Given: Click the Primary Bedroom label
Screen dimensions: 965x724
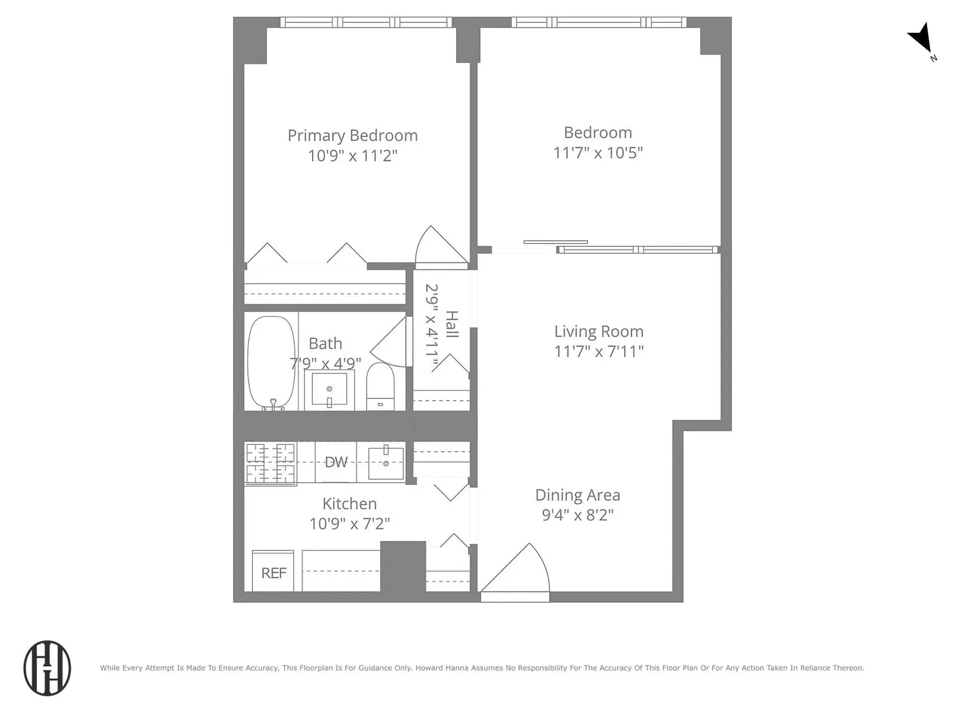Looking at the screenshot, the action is (353, 135).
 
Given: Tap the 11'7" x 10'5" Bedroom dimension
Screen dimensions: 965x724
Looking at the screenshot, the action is (598, 153).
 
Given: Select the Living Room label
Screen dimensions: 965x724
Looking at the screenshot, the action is (599, 331).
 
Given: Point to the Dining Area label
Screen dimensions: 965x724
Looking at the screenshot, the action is (578, 496).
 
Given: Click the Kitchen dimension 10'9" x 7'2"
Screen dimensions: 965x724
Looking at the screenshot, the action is (349, 524).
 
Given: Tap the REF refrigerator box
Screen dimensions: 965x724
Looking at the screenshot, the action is (273, 571).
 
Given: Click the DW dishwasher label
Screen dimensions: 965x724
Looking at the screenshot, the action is (336, 461).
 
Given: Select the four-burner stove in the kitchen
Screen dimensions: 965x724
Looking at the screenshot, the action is (270, 463).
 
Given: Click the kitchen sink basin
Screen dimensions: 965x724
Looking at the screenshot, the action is (385, 463).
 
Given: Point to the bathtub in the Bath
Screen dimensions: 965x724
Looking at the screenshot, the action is (271, 362).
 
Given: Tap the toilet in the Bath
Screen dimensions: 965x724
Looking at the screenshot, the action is (380, 386).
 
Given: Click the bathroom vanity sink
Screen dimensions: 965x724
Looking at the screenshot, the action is (329, 389).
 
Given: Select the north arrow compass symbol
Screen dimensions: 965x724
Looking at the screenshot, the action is (921, 41).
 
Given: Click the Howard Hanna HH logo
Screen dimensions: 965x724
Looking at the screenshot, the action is (47, 668).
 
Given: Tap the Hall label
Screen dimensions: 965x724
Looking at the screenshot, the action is (452, 324).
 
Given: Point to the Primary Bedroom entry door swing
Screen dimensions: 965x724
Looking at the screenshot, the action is (441, 246).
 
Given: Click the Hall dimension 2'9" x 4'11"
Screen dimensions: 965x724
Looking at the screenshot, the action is (431, 326).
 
